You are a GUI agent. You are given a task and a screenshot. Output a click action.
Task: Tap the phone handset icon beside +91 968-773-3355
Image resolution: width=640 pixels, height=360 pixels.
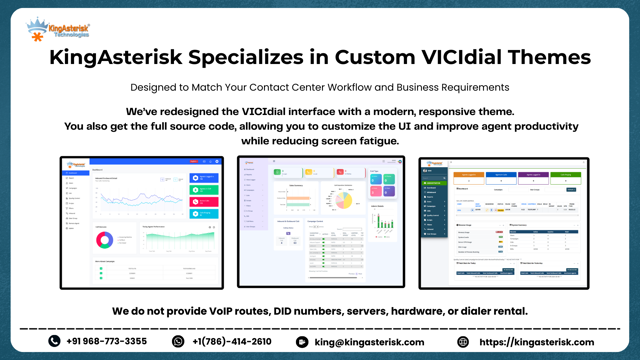pos(54,341)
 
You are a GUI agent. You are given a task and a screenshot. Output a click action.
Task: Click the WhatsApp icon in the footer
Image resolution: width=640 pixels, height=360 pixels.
pos(179,341)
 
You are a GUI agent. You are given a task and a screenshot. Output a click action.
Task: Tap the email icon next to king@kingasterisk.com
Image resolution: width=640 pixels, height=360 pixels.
pos(303,341)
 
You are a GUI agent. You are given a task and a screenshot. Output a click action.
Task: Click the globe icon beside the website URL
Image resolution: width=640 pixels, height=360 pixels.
pos(463,341)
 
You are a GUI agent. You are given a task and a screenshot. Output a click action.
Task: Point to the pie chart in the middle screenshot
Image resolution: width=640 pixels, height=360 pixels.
pos(343,200)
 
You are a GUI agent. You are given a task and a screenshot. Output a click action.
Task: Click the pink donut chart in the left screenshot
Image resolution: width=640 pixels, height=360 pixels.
pos(103,240)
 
